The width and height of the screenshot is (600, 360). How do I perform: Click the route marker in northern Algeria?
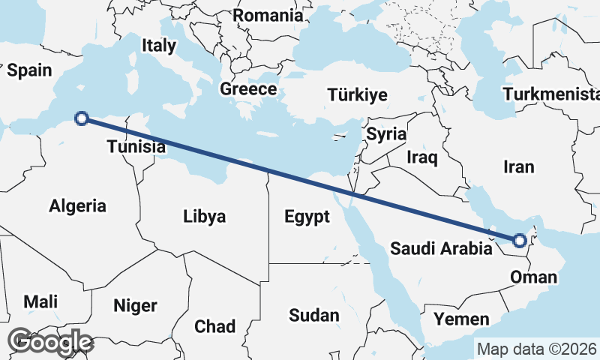pos(82,117)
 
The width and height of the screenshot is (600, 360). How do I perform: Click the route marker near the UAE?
pos(519,241)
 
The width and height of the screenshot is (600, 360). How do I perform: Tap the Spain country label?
pos(29,70)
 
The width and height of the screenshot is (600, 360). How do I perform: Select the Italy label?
pos(159,45)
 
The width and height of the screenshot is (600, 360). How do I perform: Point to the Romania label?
pos(268,16)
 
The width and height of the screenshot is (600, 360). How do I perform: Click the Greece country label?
pos(248,89)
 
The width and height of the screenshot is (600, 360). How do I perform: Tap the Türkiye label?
pos(357,94)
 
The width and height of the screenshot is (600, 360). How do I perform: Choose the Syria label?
pos(386,135)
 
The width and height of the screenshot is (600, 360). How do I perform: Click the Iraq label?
pos(421,157)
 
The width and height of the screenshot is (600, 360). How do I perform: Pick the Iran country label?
pos(519,166)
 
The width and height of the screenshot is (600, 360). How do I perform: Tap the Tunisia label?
pos(136,146)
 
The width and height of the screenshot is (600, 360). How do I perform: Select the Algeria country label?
pos(77,205)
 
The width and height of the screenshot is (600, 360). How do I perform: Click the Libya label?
pos(204,217)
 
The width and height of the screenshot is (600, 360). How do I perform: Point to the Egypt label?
pos(307,217)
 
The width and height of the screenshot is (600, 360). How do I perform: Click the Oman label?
pos(533,277)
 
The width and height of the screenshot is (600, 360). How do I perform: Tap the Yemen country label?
pos(461,319)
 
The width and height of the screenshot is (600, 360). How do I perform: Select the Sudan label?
pos(314,316)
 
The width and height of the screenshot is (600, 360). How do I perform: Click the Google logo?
pos(52,342)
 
